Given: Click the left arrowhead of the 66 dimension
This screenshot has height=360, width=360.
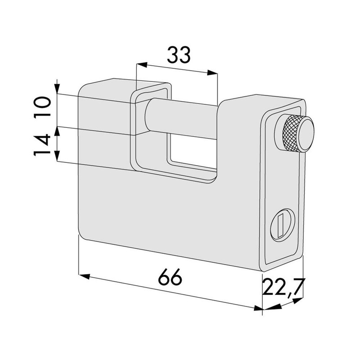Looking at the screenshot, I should tap(84, 275).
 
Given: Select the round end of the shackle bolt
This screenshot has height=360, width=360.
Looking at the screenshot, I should tap(148, 116).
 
